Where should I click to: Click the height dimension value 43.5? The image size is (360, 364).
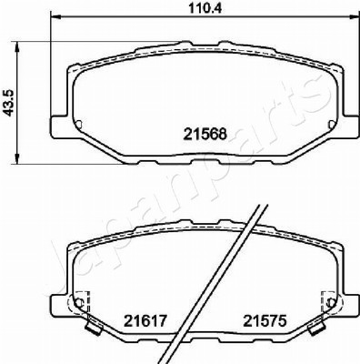8,103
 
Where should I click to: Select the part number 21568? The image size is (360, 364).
205,134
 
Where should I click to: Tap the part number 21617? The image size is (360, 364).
145,321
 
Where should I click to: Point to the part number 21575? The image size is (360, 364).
265,321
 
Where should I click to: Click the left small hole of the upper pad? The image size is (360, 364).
78,125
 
